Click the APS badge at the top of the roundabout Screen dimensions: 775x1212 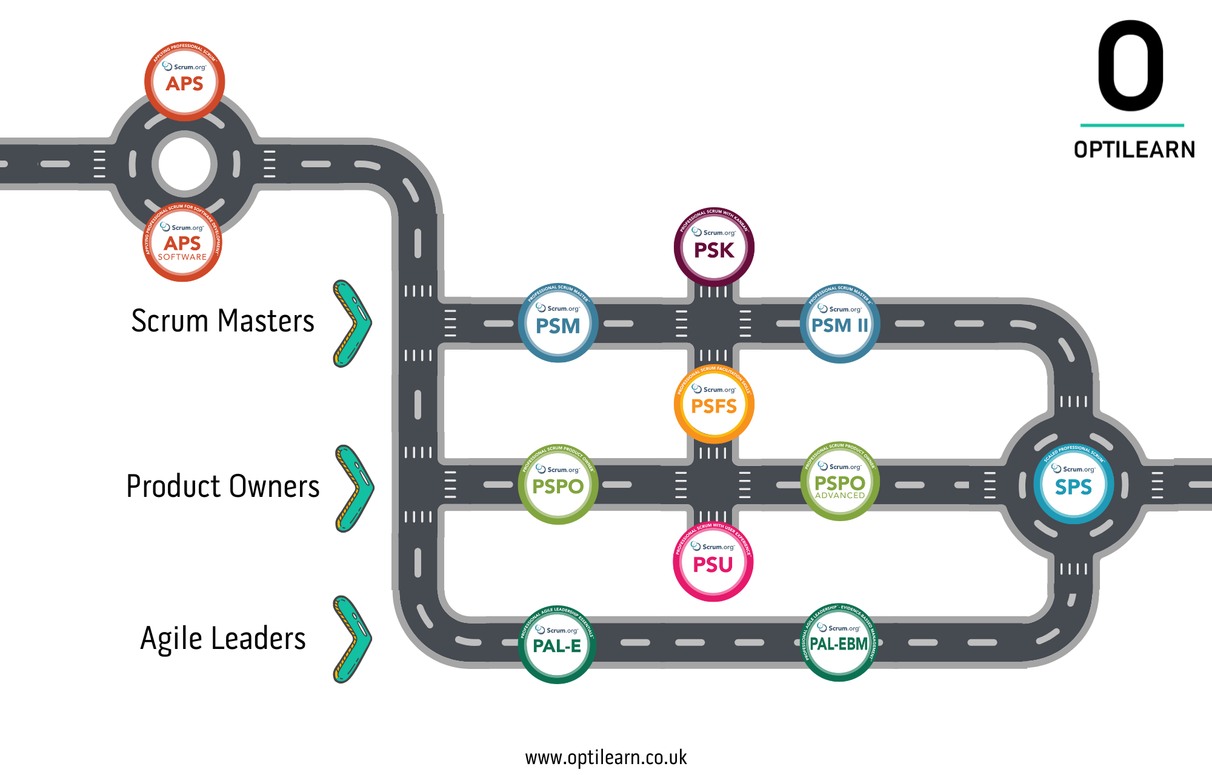pos(185,81)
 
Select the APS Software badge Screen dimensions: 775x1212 pos(182,242)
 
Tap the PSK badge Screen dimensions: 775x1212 pos(714,247)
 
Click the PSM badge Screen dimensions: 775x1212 pos(558,324)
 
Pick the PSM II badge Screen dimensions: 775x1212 pos(839,324)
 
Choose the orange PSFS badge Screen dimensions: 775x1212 pos(714,404)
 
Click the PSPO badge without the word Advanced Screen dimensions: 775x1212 pos(558,485)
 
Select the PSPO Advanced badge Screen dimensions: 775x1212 pos(839,482)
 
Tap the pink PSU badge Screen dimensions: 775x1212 pos(713,562)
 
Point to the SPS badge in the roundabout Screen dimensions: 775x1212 pos(1073,485)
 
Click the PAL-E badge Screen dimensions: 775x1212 pos(557,644)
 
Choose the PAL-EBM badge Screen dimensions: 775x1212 pos(839,642)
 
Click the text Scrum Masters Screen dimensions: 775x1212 pos(223,321)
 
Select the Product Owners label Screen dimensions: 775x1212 pos(223,487)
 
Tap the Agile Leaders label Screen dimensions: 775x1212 pos(223,639)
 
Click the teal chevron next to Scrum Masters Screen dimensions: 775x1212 pos(353,324)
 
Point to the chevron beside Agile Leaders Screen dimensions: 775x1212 pos(353,639)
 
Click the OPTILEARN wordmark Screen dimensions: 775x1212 pos(1134,150)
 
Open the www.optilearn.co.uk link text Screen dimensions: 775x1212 pos(606,757)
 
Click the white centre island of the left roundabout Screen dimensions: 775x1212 pos(184,164)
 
